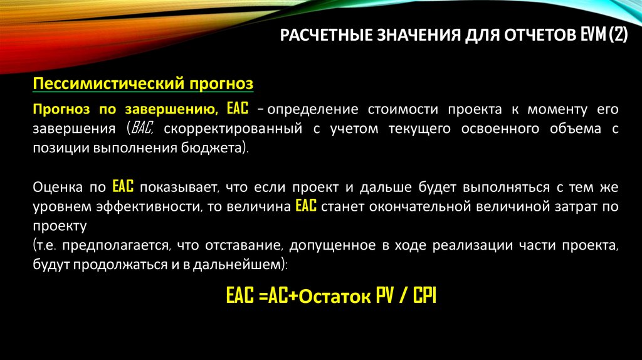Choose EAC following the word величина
pos(305,207)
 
